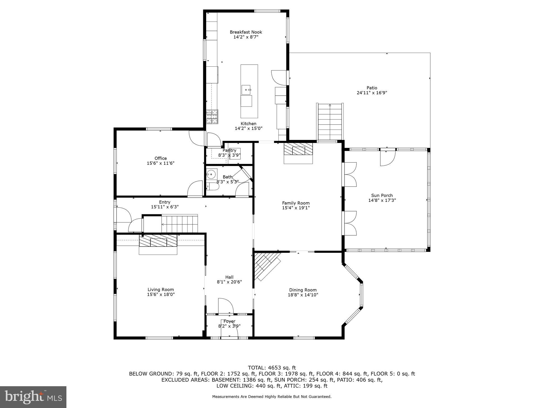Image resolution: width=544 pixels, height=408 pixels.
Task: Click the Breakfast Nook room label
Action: pos(246,32)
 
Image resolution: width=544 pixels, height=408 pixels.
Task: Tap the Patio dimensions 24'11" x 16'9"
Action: pos(372,93)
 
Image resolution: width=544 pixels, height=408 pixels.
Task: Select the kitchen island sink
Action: pos(246,90)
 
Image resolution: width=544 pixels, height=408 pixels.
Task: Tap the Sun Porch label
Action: pos(382,195)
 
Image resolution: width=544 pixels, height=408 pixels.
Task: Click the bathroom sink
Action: pos(211,175)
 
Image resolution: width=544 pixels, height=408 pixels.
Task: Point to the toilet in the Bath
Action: pos(213,187)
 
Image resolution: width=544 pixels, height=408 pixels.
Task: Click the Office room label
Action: pos(161,158)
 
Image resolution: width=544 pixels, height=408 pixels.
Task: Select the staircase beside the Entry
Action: pos(180,224)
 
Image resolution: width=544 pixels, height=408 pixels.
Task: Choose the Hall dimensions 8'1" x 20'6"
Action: pos(229,282)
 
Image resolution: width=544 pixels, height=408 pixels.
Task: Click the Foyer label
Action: pos(229,321)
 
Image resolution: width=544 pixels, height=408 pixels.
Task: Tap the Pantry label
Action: pos(229,150)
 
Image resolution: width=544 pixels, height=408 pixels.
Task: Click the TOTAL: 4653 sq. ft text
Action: pos(272,368)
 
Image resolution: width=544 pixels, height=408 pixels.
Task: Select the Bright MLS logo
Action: pos(33,397)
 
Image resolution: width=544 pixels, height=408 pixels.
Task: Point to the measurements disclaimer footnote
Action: pos(272,397)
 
